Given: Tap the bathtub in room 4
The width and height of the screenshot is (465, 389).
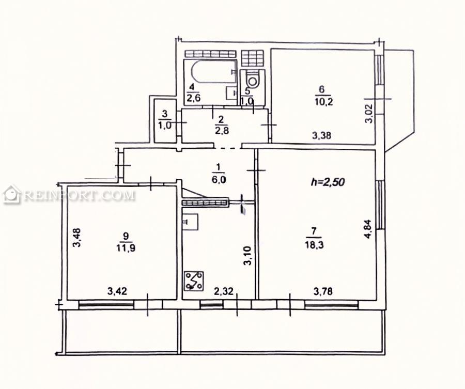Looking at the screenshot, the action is coord(213,72).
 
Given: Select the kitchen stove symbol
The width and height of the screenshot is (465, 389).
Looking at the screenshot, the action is coord(194,281).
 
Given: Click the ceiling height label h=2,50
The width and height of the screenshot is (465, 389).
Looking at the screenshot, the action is coord(328,182).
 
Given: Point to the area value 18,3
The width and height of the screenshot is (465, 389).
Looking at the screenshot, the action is coord(314,245).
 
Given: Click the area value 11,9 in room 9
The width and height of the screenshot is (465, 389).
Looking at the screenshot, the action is coord(126,247).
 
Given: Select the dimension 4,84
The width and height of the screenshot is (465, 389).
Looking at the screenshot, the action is coord(368,229).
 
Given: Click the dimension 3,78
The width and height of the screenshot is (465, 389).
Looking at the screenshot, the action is coord(323,291).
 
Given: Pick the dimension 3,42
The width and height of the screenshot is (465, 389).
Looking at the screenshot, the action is coord(117,291).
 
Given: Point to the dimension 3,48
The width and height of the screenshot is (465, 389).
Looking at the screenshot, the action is coord(78,237).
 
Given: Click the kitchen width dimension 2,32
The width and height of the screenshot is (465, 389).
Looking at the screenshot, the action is coord(224,292).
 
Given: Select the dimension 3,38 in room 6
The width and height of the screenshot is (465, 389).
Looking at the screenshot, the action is coord(322,136).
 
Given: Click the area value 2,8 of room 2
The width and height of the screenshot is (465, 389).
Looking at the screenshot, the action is coord(221,130).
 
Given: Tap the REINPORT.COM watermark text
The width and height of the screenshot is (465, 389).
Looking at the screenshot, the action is coord(80,196).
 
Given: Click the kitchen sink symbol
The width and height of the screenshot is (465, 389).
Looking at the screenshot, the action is coord(190,222).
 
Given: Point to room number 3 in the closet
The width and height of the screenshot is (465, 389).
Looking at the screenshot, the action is coord(165,114).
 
